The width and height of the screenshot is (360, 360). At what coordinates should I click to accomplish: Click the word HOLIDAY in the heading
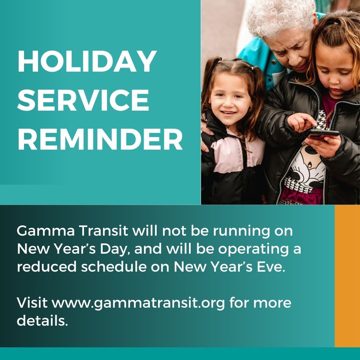click(87, 61)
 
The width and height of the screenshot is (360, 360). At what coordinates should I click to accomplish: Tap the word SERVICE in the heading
click(83, 100)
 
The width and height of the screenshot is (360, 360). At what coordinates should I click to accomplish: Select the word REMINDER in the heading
click(100, 139)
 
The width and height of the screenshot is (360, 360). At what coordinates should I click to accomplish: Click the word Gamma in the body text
click(46, 231)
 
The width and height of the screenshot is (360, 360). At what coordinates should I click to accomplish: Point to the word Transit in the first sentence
click(103, 231)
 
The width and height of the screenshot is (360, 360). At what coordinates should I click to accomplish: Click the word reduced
click(47, 267)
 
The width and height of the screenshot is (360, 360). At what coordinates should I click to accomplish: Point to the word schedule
click(114, 267)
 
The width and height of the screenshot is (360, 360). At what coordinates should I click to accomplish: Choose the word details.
click(42, 321)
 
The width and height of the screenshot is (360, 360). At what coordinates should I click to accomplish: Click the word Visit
click(32, 303)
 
